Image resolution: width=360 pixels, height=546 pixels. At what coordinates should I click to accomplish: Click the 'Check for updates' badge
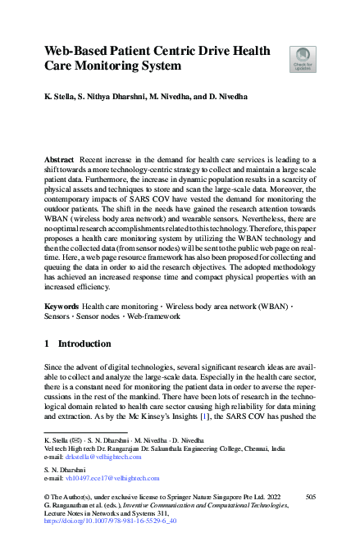[x=303, y=59]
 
